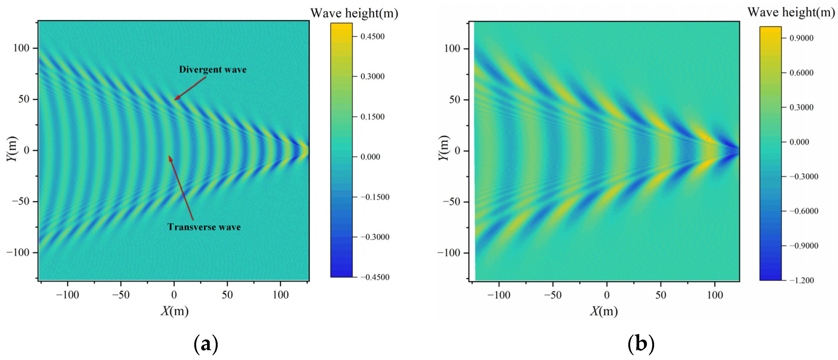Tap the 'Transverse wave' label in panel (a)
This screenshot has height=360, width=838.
[204, 227]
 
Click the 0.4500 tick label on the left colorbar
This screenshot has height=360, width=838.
[373, 36]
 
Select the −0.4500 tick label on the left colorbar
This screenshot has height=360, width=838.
[375, 277]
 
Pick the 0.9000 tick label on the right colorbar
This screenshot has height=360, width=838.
[802, 38]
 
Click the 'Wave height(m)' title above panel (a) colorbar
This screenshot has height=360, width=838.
[354, 13]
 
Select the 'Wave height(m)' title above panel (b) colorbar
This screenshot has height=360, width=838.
[791, 12]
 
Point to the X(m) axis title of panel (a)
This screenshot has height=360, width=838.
[175, 311]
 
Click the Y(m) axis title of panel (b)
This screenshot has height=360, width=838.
[443, 148]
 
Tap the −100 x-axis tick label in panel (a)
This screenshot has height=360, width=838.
[67, 295]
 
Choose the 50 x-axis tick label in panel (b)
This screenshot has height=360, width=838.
[661, 295]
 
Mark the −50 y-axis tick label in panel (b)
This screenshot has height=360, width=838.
[452, 202]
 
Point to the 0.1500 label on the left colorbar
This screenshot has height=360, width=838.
[373, 117]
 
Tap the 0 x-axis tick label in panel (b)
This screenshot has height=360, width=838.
[607, 295]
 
